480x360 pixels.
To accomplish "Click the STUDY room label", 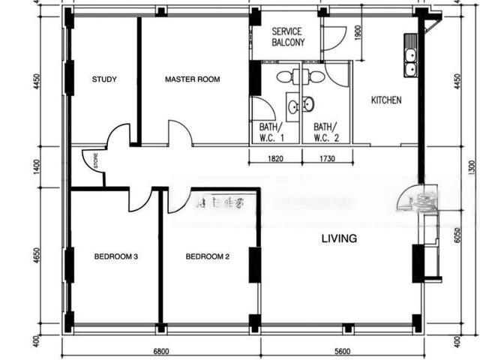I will pos(103,79).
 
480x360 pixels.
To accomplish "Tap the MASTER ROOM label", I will pos(193,79).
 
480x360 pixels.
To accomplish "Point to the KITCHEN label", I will pos(386,100).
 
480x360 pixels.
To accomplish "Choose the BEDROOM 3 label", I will pos(115,257).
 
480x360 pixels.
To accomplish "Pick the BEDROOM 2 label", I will pos(208,257).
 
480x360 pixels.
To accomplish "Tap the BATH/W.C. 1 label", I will pos(272,132).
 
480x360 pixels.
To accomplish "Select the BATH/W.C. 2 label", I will pos(326,132).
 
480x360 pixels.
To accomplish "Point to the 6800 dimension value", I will pos(161,351).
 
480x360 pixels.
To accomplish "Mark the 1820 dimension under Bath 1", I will pos(275,159).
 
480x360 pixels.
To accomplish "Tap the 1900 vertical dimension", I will pos(358,34).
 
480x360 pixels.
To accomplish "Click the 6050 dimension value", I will pos(455,237).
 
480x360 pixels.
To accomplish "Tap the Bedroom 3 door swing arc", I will pos(139,199).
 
